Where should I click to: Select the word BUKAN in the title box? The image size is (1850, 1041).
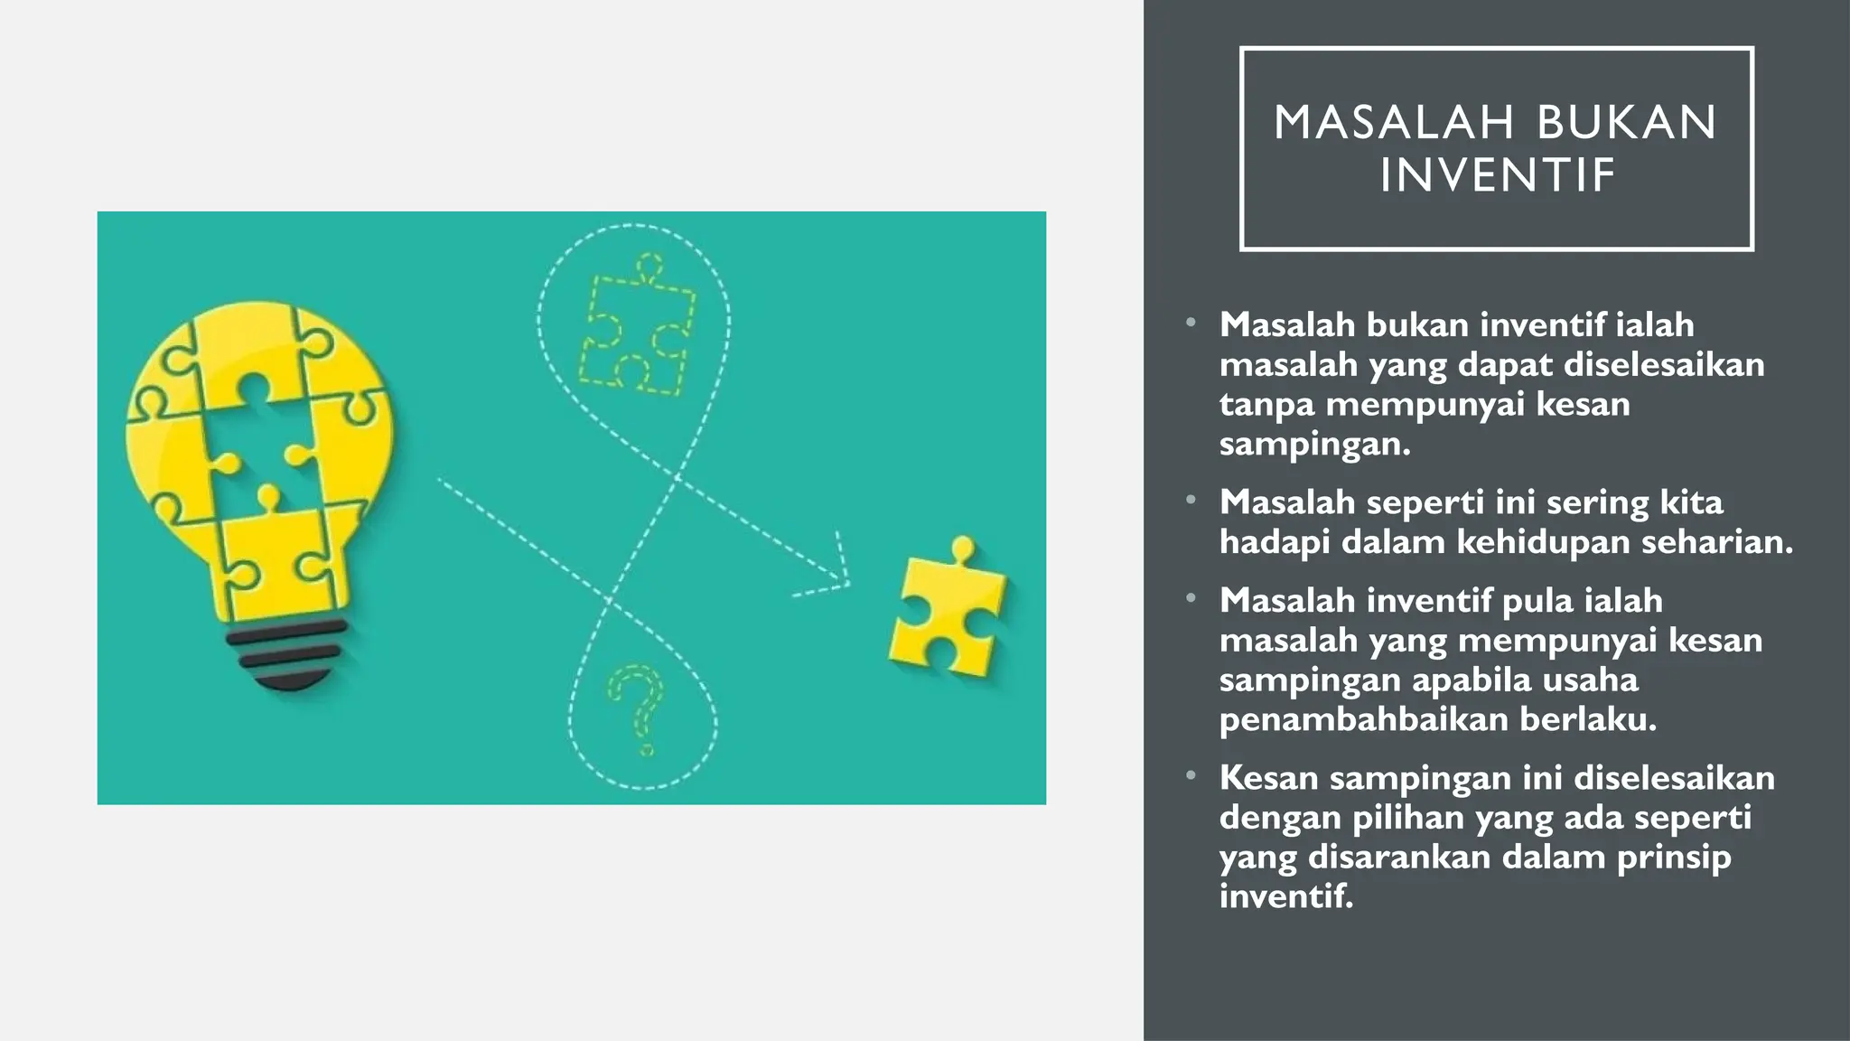pyautogui.click(x=1626, y=123)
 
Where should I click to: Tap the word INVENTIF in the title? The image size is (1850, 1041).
pyautogui.click(x=1497, y=175)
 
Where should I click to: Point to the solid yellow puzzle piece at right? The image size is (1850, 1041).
pyautogui.click(x=946, y=607)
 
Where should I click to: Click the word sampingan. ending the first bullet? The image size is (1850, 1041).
pyautogui.click(x=1314, y=444)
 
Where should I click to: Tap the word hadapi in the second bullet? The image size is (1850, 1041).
pyautogui.click(x=1274, y=541)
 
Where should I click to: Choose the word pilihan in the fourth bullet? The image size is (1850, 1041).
pyautogui.click(x=1407, y=817)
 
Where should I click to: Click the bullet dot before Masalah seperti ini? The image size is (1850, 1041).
pyautogui.click(x=1191, y=500)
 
